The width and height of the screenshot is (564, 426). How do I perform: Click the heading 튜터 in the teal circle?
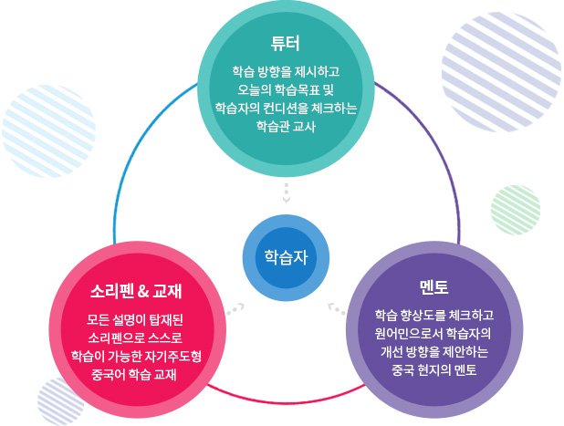point(286,43)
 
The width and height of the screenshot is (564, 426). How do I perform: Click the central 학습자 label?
point(286,255)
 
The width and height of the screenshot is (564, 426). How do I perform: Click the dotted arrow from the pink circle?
point(236,307)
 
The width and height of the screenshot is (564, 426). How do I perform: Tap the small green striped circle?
point(515,212)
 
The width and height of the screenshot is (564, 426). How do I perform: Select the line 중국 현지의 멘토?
point(433,370)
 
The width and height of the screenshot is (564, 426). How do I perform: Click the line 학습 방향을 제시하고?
point(286,70)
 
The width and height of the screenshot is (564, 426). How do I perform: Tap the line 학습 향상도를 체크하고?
point(433,314)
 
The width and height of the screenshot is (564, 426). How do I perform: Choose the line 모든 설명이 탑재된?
point(137,318)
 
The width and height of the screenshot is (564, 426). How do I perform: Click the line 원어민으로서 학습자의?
point(433,332)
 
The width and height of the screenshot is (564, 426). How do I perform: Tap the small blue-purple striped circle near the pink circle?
point(60,400)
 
